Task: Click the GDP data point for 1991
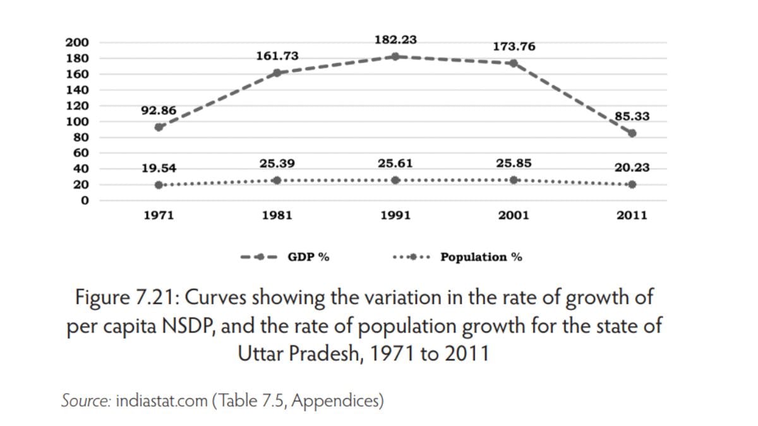tap(395, 56)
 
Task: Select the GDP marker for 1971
tap(159, 127)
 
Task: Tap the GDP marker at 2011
tap(632, 133)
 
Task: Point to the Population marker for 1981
tap(277, 180)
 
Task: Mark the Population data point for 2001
tap(514, 180)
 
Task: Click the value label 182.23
tap(395, 39)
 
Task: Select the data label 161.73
tap(277, 56)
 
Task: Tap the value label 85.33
tap(632, 117)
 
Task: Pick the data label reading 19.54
tap(159, 169)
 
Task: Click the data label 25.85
tap(514, 163)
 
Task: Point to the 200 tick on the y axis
tap(77, 43)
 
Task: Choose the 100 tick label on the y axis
tap(77, 122)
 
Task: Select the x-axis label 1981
tap(277, 215)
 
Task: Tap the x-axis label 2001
tap(514, 215)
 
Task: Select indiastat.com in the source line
tap(159, 400)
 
